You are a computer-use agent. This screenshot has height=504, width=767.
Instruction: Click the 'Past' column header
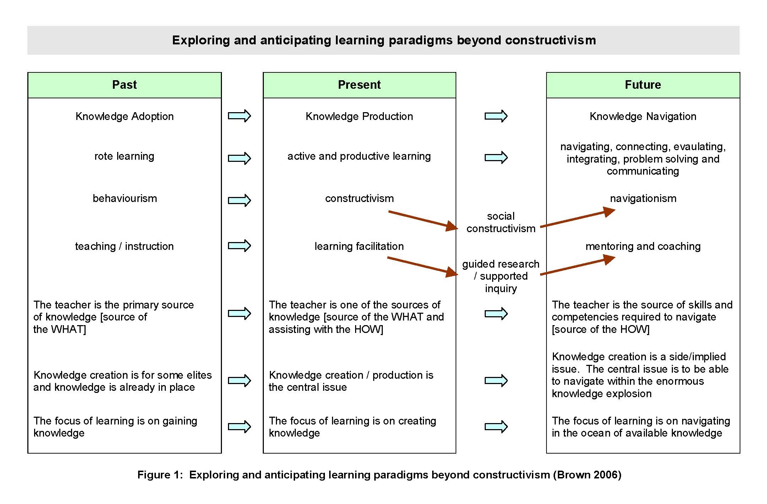point(124,85)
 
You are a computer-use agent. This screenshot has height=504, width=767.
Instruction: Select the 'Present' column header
point(359,85)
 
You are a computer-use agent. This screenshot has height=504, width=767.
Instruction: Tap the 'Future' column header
point(643,85)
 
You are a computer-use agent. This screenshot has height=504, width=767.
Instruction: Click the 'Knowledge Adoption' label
point(125,116)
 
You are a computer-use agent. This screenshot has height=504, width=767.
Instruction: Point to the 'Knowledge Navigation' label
point(643,116)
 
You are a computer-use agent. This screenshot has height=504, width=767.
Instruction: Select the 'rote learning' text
point(124,156)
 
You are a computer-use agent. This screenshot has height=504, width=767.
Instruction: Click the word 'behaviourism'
point(125,198)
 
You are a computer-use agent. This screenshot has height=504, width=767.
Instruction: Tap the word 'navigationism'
point(643,198)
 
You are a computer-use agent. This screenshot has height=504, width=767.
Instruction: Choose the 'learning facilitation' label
point(359,246)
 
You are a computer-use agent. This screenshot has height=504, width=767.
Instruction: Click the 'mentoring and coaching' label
point(643,246)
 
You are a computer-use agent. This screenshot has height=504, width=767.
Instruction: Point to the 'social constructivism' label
point(501,222)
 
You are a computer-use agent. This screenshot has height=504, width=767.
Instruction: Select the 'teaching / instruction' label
point(124,246)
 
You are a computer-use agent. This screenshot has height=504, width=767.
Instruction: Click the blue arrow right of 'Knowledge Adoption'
point(239,116)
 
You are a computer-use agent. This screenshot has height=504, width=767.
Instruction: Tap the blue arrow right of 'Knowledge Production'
point(496,116)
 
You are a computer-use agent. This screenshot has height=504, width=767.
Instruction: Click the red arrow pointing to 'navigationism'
point(577,218)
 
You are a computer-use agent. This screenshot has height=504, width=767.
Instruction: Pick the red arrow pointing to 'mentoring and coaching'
point(577,265)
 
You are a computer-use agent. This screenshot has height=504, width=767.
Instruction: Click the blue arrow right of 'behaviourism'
point(239,201)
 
